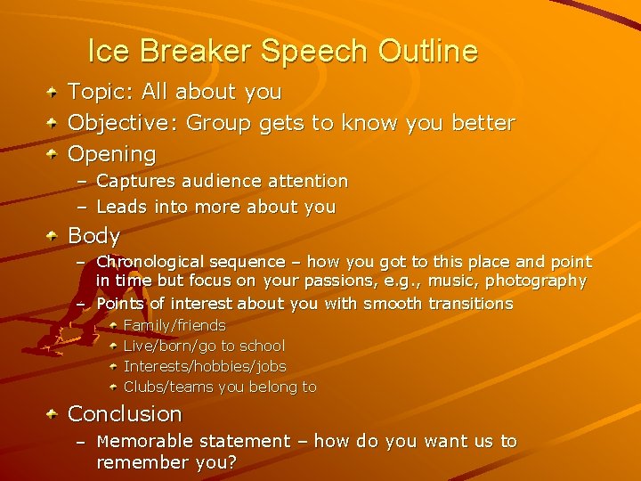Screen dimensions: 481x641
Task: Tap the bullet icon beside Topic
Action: pos(54,92)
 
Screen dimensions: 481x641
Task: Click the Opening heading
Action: pos(111,154)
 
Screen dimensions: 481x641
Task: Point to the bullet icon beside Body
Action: pos(54,236)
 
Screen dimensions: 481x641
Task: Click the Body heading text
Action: pos(93,236)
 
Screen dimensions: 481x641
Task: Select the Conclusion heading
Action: pos(125,414)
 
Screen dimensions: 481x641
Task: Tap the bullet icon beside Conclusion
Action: pos(54,414)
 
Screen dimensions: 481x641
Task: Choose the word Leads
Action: pos(121,207)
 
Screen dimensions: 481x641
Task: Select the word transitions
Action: pos(470,304)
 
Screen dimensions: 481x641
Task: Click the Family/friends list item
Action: pos(174,326)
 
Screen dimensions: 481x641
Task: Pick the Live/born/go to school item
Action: pos(204,346)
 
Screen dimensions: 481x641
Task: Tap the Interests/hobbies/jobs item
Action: pos(205,366)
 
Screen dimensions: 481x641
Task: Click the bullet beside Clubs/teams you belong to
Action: pos(114,387)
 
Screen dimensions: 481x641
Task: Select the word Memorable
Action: pos(144,442)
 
